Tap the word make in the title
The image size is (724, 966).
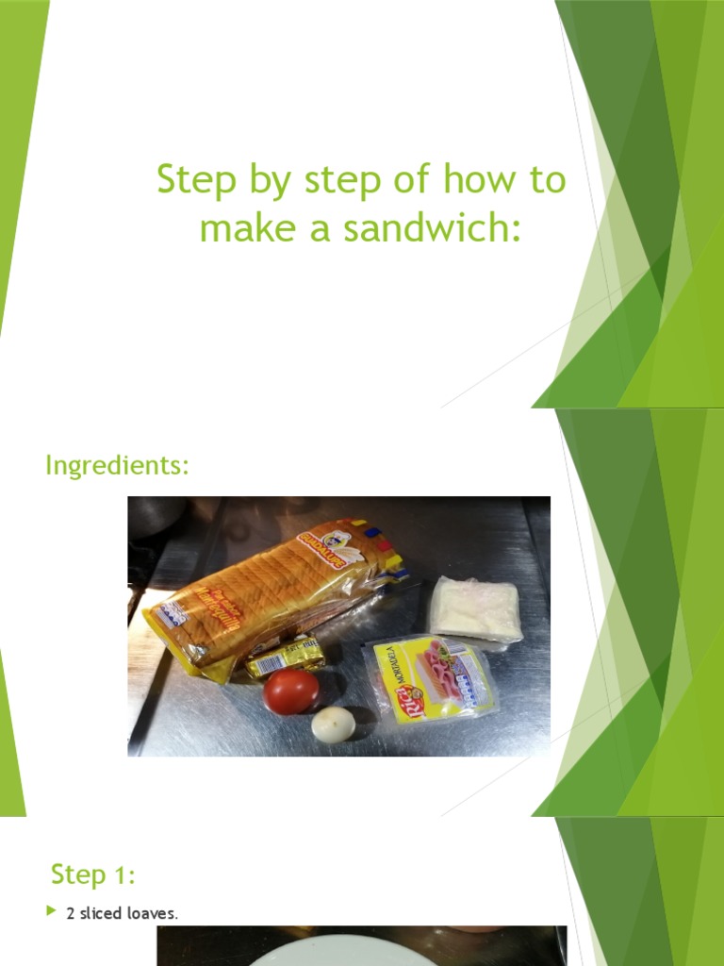[239, 227]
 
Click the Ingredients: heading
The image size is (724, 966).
[118, 465]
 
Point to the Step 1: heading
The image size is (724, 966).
[93, 874]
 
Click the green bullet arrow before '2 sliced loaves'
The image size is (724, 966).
[54, 912]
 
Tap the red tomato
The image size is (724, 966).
[291, 691]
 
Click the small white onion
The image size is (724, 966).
[334, 724]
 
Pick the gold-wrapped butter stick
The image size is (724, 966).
[285, 656]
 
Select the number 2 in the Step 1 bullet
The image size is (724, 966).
[71, 913]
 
